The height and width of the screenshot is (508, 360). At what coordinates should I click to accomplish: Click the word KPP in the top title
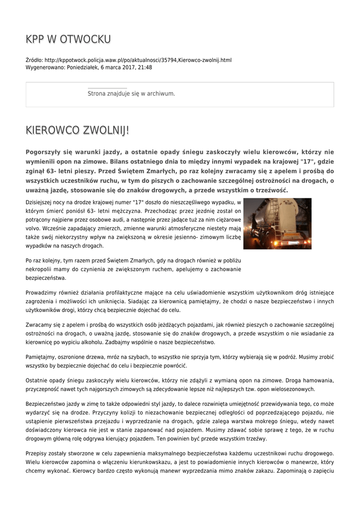[35, 39]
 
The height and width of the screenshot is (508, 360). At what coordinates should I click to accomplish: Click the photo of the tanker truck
[277, 223]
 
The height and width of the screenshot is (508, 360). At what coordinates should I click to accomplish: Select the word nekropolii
[40, 269]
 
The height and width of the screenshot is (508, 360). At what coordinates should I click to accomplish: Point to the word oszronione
[74, 357]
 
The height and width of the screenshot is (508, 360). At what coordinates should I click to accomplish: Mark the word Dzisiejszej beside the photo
[43, 202]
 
